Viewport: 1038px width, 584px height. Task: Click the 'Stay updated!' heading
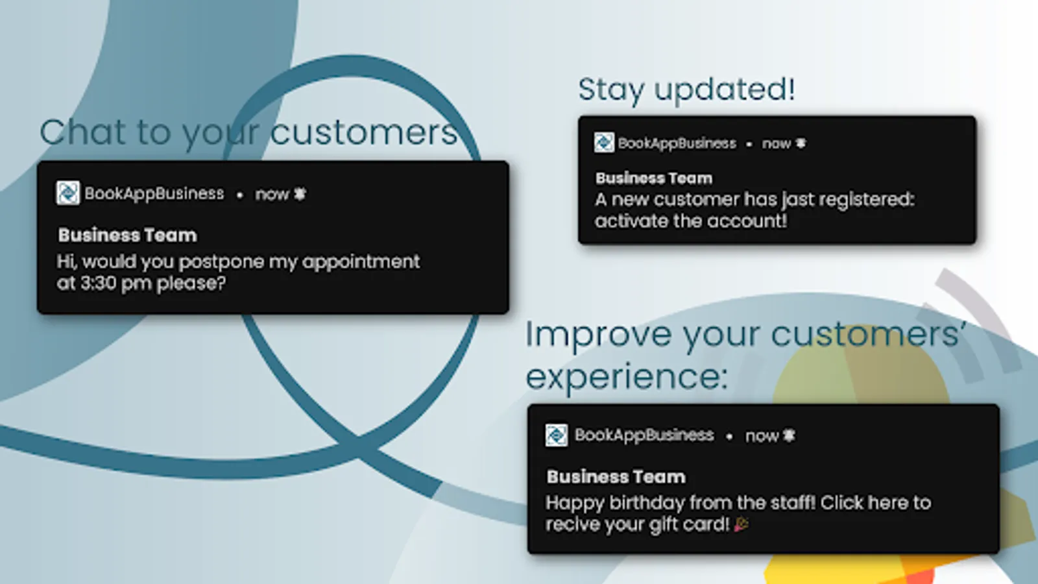click(686, 90)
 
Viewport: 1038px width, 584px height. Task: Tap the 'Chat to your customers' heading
click(249, 133)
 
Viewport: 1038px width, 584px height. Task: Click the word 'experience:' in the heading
click(627, 376)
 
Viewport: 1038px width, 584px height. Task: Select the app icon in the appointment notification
click(67, 193)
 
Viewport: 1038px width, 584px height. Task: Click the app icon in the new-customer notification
click(604, 143)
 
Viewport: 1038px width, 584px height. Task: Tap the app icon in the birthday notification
click(556, 435)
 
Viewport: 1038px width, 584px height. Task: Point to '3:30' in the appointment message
click(99, 283)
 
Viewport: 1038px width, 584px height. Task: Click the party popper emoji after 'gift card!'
click(742, 525)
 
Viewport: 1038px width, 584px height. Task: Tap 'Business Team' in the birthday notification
click(616, 477)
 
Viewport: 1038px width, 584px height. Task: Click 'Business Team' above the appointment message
click(127, 236)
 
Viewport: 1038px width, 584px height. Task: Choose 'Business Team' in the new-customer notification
click(654, 178)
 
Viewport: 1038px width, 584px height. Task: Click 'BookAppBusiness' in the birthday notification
click(644, 435)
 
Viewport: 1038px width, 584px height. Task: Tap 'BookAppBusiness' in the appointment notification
click(154, 194)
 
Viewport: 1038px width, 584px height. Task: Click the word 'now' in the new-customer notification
click(776, 144)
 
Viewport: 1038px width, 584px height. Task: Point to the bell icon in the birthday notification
click(789, 435)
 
